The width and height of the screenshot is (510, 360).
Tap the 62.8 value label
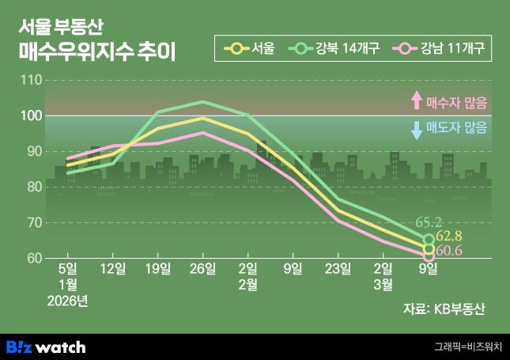tap(448, 237)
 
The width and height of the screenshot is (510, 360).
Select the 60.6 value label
tap(448, 252)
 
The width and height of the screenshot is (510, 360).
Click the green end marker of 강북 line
tap(429, 239)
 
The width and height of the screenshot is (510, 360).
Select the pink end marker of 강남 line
tap(429, 256)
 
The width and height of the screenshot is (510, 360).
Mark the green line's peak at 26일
tap(203, 102)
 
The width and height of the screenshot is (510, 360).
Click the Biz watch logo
tap(45, 347)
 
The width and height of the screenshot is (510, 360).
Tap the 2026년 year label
tap(68, 301)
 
